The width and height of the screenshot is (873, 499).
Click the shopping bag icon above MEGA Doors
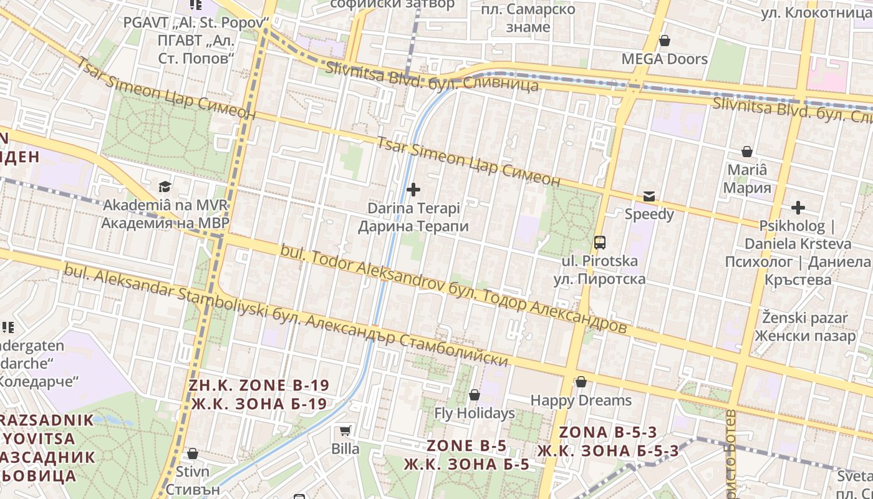[665, 41]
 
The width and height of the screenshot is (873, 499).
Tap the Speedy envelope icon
[649, 196]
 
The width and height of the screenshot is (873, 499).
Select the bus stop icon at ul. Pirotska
[599, 243]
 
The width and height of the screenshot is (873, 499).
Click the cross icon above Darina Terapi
[413, 190]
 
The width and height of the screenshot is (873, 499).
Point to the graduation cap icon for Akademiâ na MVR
[165, 187]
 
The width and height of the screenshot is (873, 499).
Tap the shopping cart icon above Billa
[345, 430]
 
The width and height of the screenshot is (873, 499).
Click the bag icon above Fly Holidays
[474, 395]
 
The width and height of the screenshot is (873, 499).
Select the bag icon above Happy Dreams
[581, 382]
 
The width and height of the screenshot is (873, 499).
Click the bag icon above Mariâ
[746, 152]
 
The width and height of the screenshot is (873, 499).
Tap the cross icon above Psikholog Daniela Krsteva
[798, 208]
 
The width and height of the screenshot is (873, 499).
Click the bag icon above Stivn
[192, 453]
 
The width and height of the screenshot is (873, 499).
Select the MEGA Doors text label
[665, 59]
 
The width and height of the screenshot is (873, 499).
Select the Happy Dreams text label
[581, 400]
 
